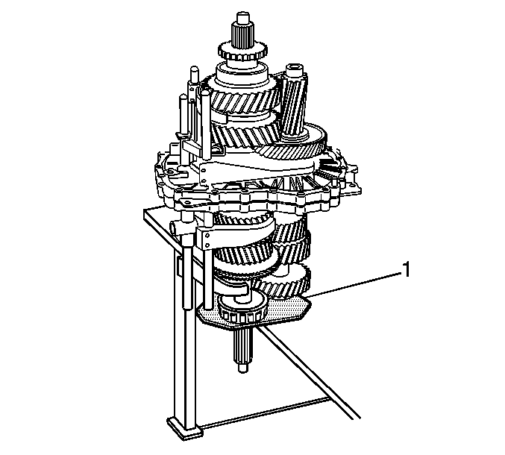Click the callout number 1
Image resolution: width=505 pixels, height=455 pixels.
407,269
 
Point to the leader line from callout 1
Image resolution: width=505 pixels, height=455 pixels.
354,285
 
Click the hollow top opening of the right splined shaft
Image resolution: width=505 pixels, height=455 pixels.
295,69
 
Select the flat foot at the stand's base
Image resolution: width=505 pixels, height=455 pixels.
184,427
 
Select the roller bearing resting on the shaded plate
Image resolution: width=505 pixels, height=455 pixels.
242,309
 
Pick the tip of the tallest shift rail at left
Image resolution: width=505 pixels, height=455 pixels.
194,69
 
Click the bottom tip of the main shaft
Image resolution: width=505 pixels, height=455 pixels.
243,370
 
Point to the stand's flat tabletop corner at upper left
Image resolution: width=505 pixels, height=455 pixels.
145,210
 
